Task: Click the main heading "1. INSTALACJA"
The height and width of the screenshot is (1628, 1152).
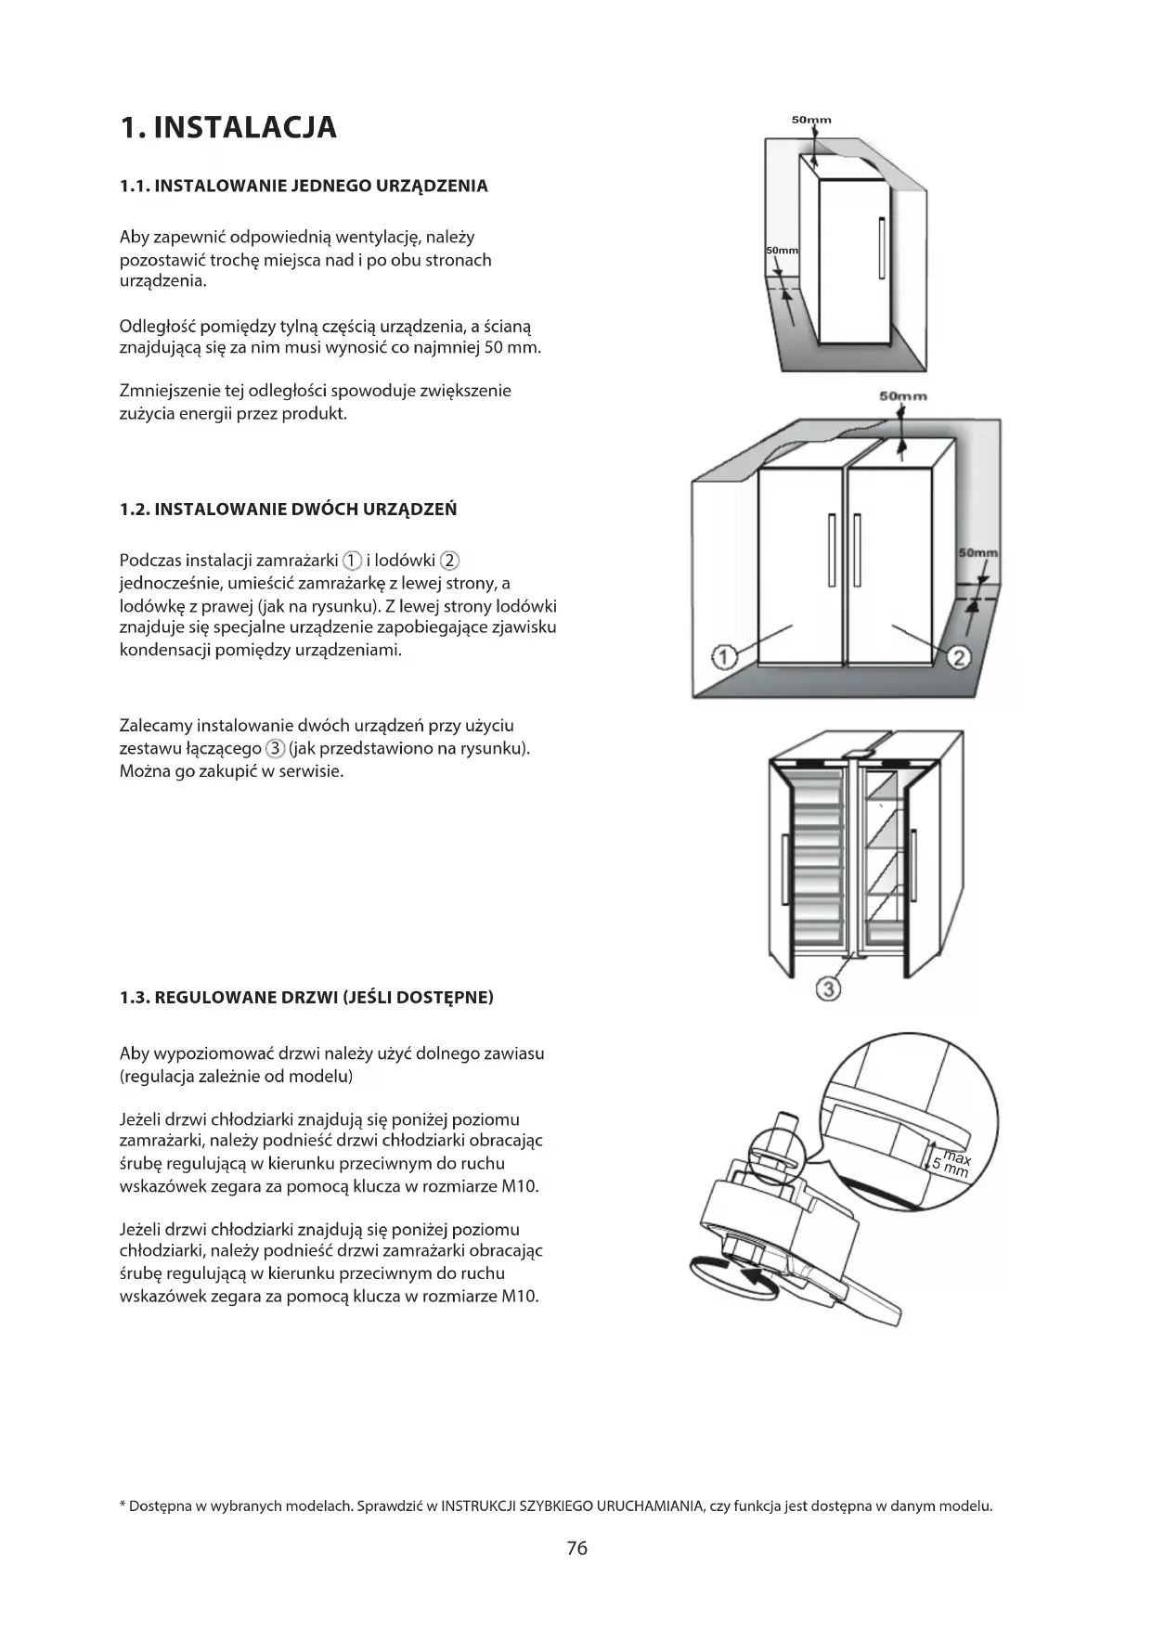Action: (x=228, y=127)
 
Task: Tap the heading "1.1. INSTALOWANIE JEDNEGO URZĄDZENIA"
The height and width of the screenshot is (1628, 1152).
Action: (x=304, y=186)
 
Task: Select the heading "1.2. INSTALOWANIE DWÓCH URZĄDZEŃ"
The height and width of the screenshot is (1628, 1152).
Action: (x=288, y=509)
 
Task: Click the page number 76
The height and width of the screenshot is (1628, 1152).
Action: (x=576, y=1547)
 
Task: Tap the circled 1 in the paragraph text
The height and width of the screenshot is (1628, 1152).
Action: (x=352, y=561)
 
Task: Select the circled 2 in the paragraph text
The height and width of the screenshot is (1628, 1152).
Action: (x=449, y=561)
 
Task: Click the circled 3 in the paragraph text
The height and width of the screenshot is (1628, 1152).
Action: (x=275, y=749)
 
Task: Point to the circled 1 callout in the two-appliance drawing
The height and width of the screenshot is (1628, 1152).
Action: (x=724, y=657)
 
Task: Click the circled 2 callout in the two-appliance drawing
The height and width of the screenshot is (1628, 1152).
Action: (x=959, y=657)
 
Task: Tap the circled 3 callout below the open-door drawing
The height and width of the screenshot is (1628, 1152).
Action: (x=828, y=988)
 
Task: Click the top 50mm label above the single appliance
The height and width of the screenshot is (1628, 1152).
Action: (x=811, y=120)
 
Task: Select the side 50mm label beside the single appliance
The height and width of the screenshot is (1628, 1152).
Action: (x=782, y=251)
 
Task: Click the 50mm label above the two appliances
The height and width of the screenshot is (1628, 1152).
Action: (x=902, y=396)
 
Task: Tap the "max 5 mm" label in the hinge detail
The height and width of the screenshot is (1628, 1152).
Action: (x=952, y=1164)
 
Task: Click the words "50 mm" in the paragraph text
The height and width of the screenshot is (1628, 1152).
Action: (x=519, y=348)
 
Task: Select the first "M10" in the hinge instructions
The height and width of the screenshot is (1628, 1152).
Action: (x=520, y=1186)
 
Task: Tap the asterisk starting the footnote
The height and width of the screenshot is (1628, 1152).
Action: (x=123, y=1505)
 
